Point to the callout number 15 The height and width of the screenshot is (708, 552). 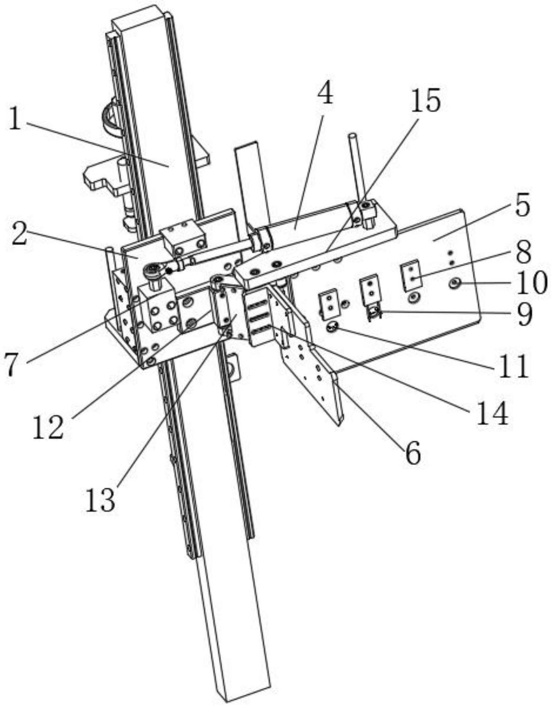[x=426, y=101]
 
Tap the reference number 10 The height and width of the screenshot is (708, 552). [x=532, y=283]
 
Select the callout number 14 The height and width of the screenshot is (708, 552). [x=492, y=414]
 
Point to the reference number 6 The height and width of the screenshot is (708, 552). [x=412, y=454]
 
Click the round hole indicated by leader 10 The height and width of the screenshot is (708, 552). [x=455, y=283]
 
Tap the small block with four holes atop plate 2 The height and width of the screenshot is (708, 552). [x=184, y=237]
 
